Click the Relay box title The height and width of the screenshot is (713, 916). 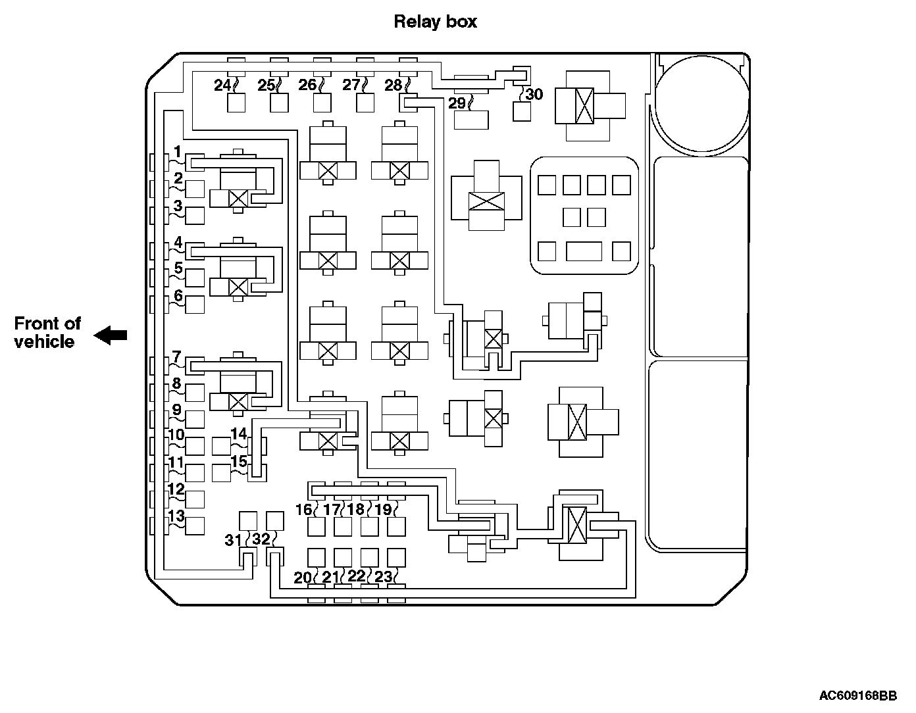click(x=435, y=22)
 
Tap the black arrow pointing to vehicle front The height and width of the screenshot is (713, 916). click(x=111, y=335)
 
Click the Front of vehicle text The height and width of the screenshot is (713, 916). click(x=47, y=332)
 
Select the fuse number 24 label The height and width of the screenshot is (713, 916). click(x=222, y=85)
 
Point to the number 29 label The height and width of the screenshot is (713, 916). click(x=457, y=103)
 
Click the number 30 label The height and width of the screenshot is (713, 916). click(x=534, y=94)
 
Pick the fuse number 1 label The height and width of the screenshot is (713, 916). click(x=177, y=151)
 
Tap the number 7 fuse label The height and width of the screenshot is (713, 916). click(x=176, y=358)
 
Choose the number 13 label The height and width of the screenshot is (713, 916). click(x=176, y=516)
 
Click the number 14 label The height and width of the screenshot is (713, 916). click(x=238, y=433)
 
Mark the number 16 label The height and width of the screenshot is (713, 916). click(x=303, y=510)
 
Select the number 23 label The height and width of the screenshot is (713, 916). click(x=383, y=577)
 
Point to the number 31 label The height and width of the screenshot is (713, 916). click(x=234, y=540)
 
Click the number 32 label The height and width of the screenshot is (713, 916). click(x=261, y=539)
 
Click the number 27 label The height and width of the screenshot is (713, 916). click(x=351, y=85)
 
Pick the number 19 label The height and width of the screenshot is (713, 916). click(x=383, y=509)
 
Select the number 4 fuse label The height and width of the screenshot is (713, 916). click(x=178, y=243)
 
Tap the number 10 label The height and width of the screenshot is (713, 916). click(x=176, y=435)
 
